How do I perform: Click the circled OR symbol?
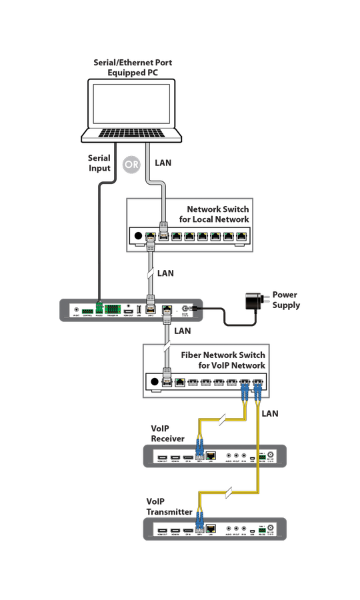click(x=131, y=164)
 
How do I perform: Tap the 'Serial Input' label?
click(x=99, y=163)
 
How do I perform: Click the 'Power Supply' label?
click(x=285, y=300)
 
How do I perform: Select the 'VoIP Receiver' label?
click(x=167, y=433)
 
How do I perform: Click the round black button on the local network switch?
click(x=139, y=235)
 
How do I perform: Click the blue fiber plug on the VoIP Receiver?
click(x=198, y=454)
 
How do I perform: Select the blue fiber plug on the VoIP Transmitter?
click(x=198, y=527)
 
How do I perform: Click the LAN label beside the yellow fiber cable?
click(x=270, y=414)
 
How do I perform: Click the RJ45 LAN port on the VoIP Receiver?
click(x=211, y=456)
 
